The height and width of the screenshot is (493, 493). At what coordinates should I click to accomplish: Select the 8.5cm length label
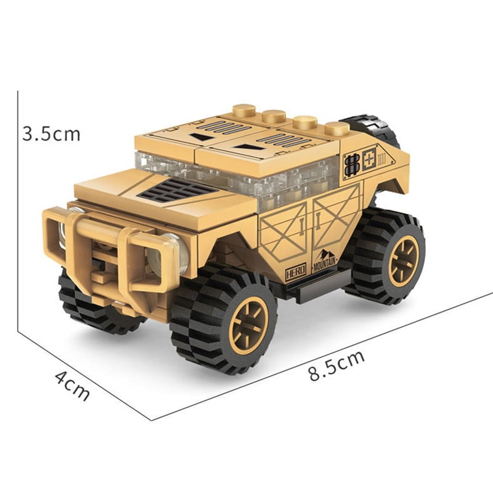pyautogui.click(x=336, y=366)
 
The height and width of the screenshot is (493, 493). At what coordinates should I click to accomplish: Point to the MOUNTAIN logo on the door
pyautogui.click(x=324, y=261)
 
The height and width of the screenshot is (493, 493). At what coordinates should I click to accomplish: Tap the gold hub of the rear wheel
pyautogui.click(x=403, y=261)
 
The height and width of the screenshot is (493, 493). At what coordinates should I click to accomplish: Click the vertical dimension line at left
pyautogui.click(x=18, y=210)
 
